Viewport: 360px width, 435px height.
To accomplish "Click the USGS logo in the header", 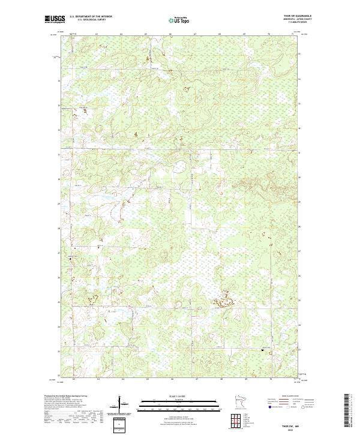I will (55, 19).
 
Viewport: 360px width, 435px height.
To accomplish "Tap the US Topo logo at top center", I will (181, 20).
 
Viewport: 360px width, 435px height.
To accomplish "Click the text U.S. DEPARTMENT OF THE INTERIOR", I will (91, 17).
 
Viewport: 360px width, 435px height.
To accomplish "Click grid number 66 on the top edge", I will (172, 34).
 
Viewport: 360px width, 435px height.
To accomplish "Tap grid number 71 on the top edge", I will (293, 34).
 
